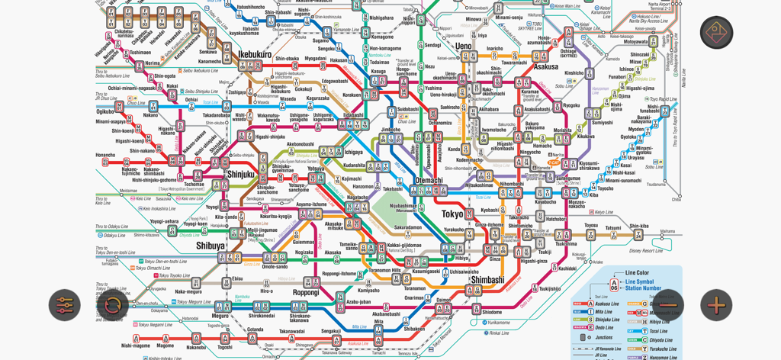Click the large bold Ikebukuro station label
(x=254, y=55)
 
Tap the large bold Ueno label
(x=464, y=46)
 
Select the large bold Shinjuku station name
(x=240, y=175)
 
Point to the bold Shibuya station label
(x=211, y=246)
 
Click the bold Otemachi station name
(x=428, y=181)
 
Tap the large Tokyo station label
(x=452, y=214)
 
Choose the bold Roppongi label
(x=306, y=292)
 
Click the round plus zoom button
(x=716, y=305)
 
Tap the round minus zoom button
(x=668, y=305)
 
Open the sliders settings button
(x=65, y=305)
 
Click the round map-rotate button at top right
(x=716, y=32)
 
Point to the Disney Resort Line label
(x=646, y=250)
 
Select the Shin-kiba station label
(x=639, y=226)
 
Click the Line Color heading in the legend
(x=637, y=272)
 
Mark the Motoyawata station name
(x=635, y=42)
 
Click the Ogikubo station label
(x=105, y=111)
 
